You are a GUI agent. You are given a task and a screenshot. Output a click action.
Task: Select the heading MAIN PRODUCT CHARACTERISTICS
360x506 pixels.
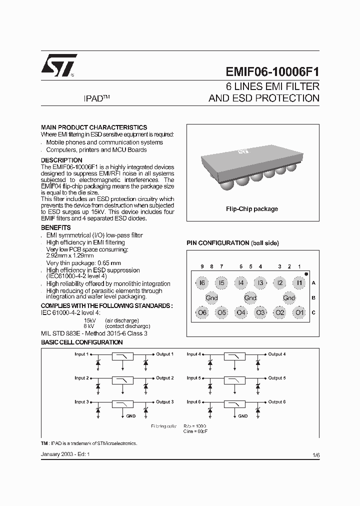pos(93,127)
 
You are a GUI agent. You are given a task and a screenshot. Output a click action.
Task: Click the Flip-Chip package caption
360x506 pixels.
pos(252,209)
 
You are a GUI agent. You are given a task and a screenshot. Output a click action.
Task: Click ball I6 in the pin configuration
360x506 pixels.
pos(201,283)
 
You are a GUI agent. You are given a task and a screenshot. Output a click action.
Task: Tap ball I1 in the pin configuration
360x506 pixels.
pos(299,283)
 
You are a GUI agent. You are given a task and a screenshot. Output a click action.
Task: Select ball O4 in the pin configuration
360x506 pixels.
pos(241,313)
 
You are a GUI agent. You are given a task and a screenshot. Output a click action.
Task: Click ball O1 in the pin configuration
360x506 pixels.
pos(299,313)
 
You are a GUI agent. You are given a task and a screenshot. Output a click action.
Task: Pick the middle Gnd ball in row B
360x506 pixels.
pos(250,298)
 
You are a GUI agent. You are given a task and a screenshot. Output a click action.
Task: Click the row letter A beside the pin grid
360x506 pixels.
pos(313,283)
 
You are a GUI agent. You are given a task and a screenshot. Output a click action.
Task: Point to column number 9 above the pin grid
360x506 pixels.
pos(202,267)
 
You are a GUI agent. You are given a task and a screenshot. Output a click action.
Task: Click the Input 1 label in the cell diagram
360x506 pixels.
pos(81,354)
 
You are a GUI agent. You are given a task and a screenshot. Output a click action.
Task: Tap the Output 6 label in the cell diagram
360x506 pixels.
pos(276,402)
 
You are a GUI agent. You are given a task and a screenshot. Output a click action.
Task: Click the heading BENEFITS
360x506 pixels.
pos(55,227)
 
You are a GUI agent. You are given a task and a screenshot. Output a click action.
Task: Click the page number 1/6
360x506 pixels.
pos(315,455)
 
